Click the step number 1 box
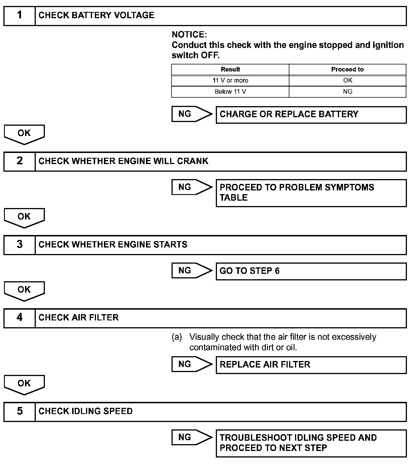click(19, 16)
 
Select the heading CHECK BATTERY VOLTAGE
click(96, 15)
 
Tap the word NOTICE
click(189, 35)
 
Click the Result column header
click(230, 70)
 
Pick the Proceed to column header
click(347, 70)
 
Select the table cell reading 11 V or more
click(230, 81)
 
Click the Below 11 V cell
click(230, 92)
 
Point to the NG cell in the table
click(347, 92)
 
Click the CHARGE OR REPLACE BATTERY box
click(311, 115)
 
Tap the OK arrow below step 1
click(24, 134)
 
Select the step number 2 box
click(19, 161)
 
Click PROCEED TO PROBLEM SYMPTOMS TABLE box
click(311, 193)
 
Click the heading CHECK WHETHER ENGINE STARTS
click(113, 245)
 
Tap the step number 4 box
click(19, 318)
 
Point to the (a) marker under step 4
click(177, 337)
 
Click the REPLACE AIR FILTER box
click(311, 365)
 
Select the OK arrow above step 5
click(24, 384)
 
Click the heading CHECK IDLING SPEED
click(85, 412)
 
